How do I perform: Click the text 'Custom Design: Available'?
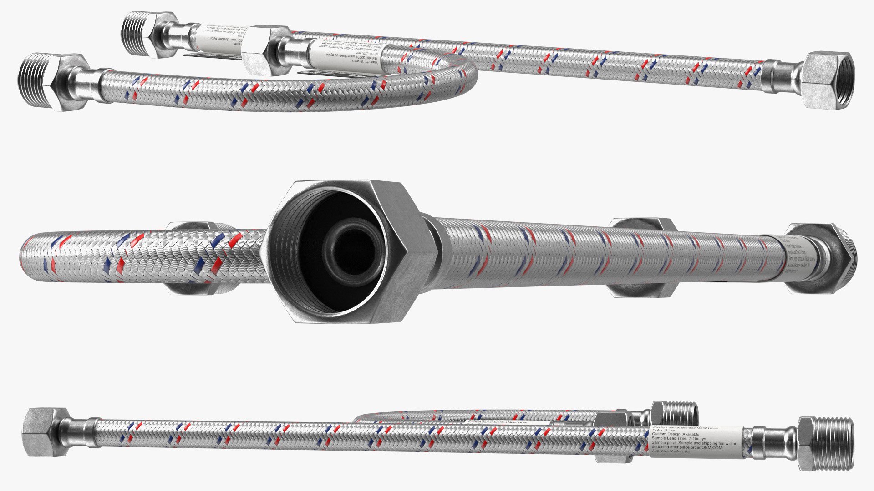[676, 434]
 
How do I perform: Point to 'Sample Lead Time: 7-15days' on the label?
[679, 438]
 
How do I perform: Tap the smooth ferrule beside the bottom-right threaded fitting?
[769, 443]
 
